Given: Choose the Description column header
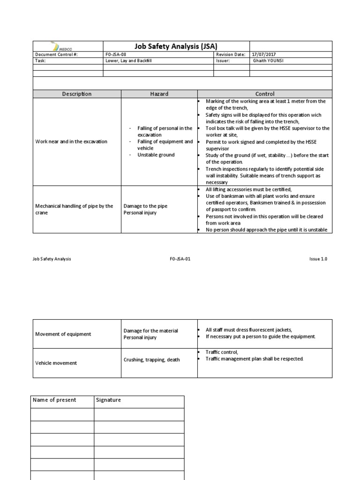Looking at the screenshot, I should point(77,94).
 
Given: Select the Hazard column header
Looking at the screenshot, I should point(159,94).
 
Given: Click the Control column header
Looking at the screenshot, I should point(265,94).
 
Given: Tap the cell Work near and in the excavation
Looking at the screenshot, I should point(71,142).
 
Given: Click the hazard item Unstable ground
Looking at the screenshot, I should point(156,155).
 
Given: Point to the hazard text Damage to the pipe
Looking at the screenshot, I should point(145,206).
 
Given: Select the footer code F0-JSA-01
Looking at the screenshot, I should point(180,259).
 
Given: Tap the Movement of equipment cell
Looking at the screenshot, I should point(63,334).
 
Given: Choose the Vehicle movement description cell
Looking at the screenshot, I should point(56,363).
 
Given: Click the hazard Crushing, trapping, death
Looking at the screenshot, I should point(151,360).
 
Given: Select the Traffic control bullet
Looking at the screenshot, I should point(222,352).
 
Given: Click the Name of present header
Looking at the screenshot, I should point(54,400).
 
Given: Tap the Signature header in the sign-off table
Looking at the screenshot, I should point(108,400).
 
